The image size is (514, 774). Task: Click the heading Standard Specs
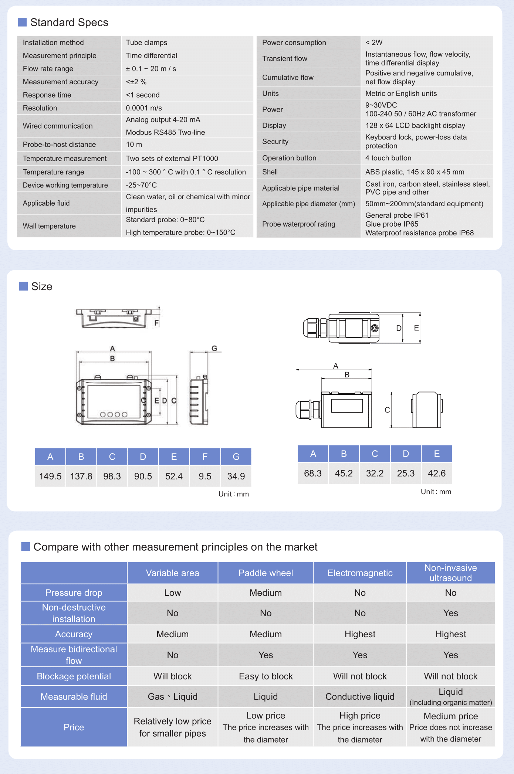tap(69, 23)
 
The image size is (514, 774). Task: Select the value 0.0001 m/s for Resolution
tap(144, 108)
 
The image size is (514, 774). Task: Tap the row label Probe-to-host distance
tap(59, 145)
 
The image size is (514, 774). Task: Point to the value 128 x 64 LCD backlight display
tap(415, 126)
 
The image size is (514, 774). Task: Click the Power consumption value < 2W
tap(374, 43)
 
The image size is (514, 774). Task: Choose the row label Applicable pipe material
tap(301, 188)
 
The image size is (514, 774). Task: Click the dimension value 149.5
tap(50, 476)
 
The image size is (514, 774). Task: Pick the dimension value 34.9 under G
tap(236, 476)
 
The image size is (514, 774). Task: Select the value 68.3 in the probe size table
tap(313, 473)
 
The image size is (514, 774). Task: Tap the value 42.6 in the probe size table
tap(437, 473)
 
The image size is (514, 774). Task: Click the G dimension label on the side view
tap(214, 348)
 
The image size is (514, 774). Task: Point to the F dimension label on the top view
tap(156, 323)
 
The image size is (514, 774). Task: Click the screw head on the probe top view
tap(375, 328)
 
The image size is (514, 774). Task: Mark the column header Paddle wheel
tap(266, 573)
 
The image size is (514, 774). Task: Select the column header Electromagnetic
tap(360, 573)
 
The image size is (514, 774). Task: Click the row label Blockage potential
tap(74, 676)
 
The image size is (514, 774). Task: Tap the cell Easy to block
tap(266, 676)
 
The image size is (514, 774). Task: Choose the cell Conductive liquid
tap(360, 696)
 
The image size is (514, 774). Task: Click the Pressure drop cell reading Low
tap(172, 593)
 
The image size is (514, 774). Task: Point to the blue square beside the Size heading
tap(23, 286)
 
